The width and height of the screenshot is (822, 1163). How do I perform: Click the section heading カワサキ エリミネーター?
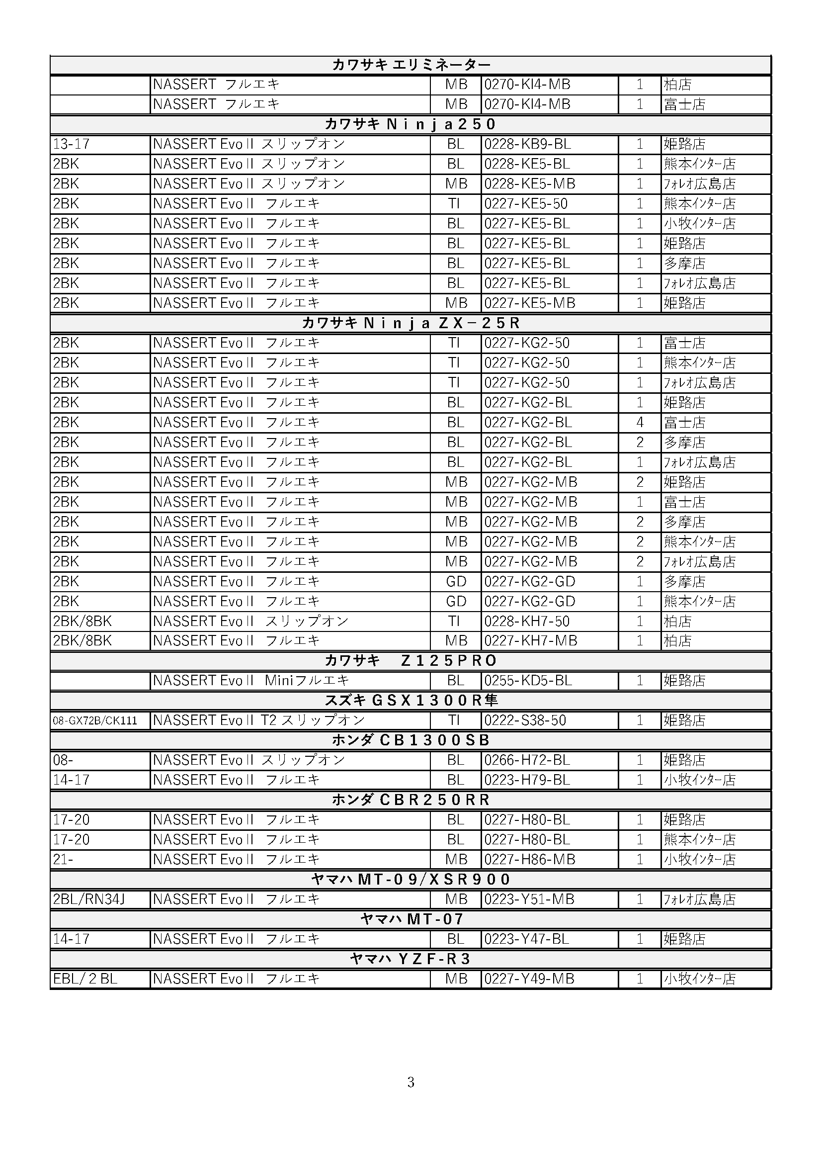click(411, 65)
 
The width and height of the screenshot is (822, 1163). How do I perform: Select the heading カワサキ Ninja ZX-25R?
click(411, 323)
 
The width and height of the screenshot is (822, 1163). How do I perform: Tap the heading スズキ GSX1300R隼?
click(411, 701)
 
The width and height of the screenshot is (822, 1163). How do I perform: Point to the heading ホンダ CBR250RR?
click(411, 800)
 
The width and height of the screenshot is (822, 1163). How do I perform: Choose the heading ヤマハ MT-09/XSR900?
click(411, 880)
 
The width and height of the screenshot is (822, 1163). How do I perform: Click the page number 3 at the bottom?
click(411, 1082)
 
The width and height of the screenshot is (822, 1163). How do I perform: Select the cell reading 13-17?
click(72, 144)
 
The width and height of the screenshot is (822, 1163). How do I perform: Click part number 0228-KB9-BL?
click(527, 144)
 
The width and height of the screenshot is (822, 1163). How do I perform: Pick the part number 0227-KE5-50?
click(526, 204)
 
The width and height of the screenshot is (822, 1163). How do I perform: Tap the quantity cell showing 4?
click(640, 423)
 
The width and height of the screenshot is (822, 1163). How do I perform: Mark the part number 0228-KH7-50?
click(526, 622)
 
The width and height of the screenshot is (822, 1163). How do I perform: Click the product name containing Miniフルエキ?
click(251, 681)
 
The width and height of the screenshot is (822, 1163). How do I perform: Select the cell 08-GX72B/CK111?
click(95, 721)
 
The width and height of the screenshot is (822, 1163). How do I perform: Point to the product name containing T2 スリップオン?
click(258, 720)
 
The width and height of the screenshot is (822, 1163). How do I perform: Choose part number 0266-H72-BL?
click(527, 760)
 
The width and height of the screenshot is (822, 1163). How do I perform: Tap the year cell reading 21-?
click(63, 860)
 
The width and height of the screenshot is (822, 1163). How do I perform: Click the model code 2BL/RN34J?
click(88, 899)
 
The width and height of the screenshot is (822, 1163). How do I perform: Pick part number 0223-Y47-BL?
click(526, 939)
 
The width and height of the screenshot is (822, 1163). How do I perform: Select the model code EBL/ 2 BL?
click(85, 979)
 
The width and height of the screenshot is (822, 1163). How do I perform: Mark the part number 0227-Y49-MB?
click(529, 979)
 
